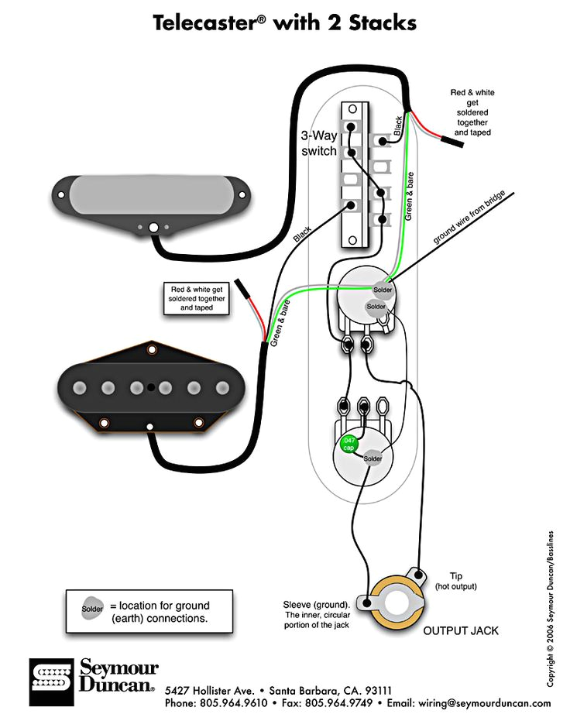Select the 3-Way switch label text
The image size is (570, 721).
(319, 142)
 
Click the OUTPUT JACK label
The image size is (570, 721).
(461, 630)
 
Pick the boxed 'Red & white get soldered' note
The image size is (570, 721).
(197, 298)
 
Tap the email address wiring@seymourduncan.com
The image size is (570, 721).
(484, 703)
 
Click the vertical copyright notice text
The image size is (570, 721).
(550, 609)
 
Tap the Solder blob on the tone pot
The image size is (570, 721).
(373, 458)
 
